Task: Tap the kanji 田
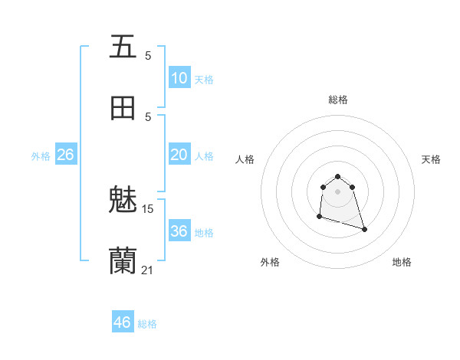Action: pyautogui.click(x=123, y=108)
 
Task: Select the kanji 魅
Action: pyautogui.click(x=123, y=201)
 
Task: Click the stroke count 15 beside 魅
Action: pyautogui.click(x=148, y=208)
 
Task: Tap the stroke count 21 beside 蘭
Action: pyautogui.click(x=148, y=270)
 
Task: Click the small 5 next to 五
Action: pyautogui.click(x=148, y=55)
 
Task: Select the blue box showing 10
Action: pyautogui.click(x=179, y=78)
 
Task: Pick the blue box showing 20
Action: pyautogui.click(x=179, y=155)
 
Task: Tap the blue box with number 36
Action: pyautogui.click(x=179, y=231)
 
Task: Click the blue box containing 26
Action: pyautogui.click(x=65, y=155)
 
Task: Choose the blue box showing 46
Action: pyautogui.click(x=123, y=322)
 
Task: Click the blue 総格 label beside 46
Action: pyautogui.click(x=147, y=324)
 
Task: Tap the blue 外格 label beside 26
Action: pyautogui.click(x=41, y=156)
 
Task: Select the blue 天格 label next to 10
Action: pyautogui.click(x=204, y=80)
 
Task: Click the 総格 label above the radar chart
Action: pyautogui.click(x=338, y=100)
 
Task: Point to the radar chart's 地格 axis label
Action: pyautogui.click(x=402, y=262)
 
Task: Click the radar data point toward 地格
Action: pyautogui.click(x=364, y=229)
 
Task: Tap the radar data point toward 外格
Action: pyautogui.click(x=319, y=217)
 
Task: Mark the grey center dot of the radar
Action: pyautogui.click(x=338, y=191)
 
